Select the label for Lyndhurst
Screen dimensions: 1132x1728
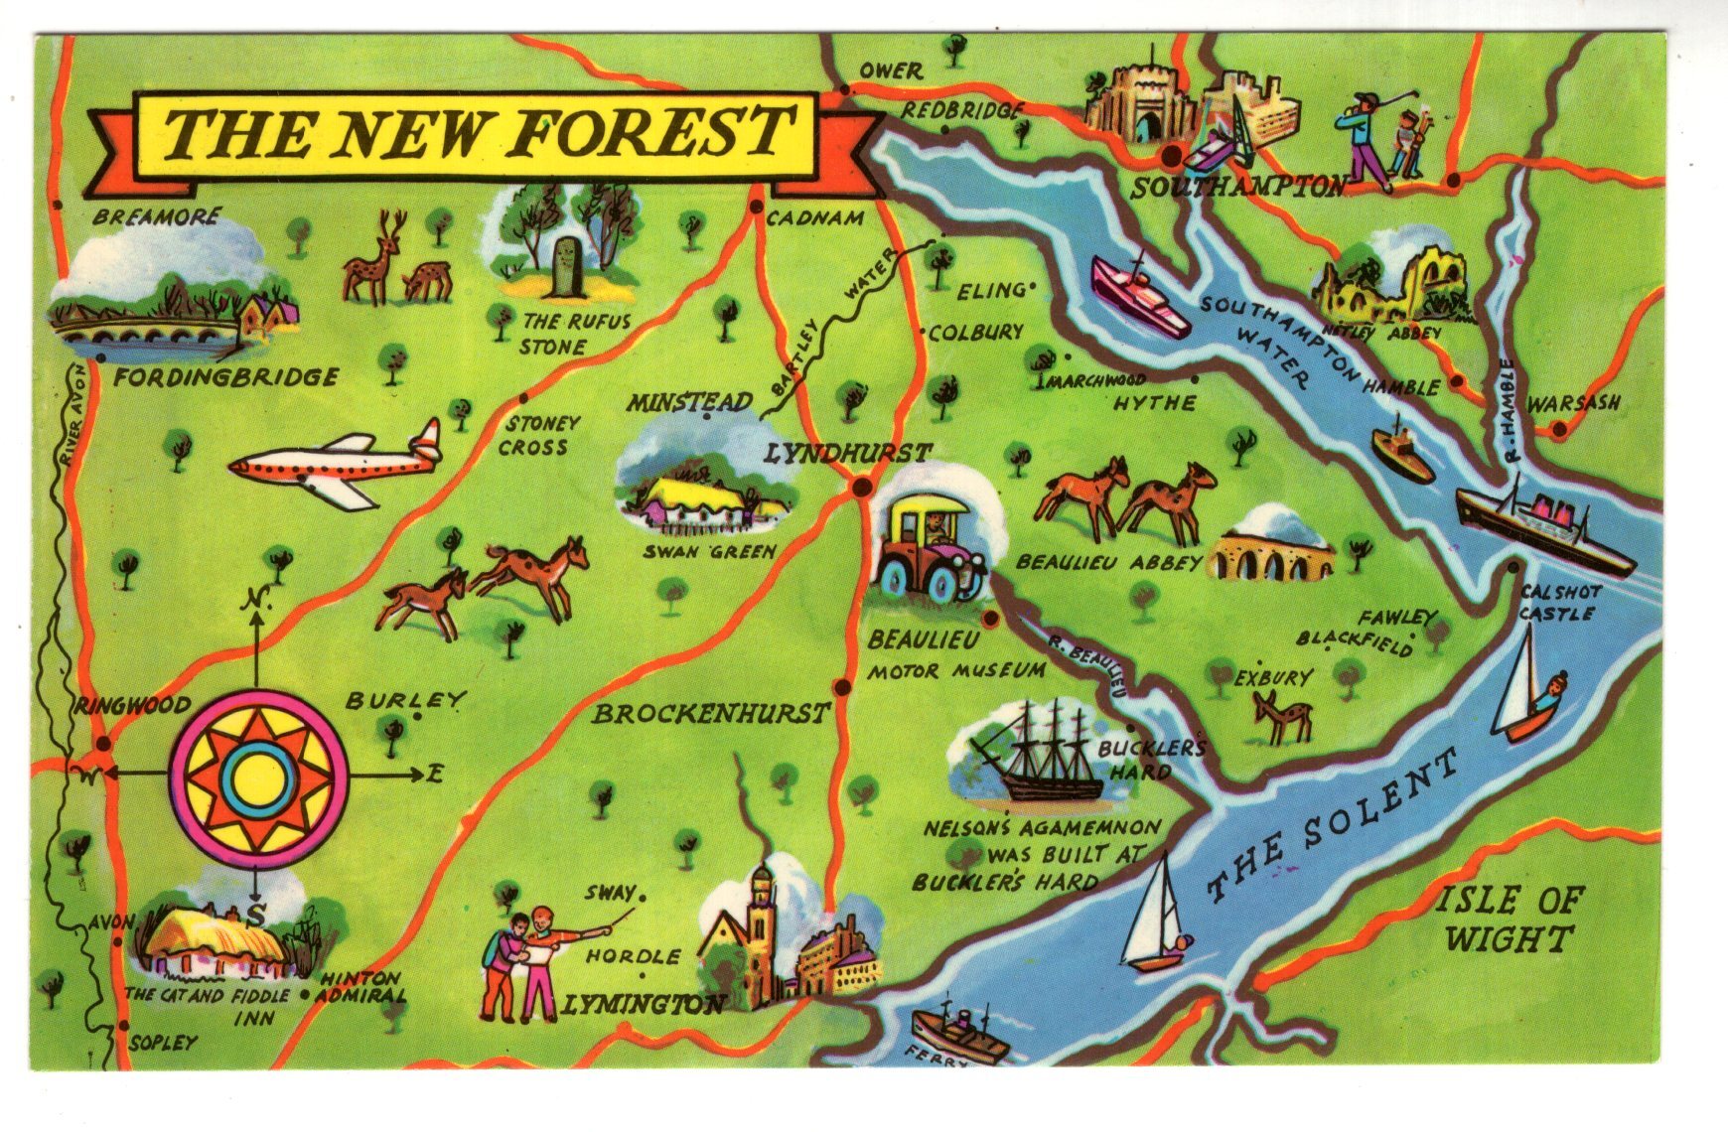[847, 454]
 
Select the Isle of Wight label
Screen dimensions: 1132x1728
[1508, 920]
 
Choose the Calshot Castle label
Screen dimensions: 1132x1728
[1559, 603]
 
